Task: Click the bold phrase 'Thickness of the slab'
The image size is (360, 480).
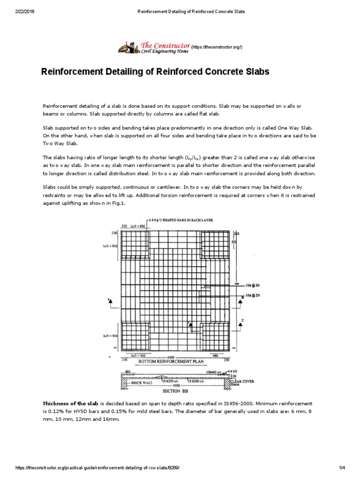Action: click(x=70, y=404)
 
